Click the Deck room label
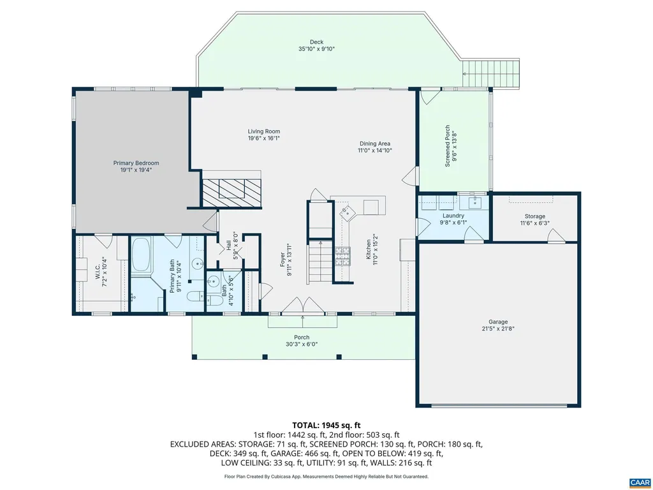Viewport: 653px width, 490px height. pos(316,41)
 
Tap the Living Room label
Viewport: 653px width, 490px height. pos(264,131)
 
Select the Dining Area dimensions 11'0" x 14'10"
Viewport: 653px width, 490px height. pos(375,151)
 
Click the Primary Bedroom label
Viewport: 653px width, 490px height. pos(136,163)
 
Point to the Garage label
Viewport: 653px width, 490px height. pos(498,322)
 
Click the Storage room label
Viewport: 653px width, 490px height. pos(535,216)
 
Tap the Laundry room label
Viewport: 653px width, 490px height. pos(453,216)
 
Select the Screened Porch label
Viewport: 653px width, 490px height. pos(447,146)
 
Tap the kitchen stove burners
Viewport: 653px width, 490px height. pos(342,256)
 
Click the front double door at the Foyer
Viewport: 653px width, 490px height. pos(303,306)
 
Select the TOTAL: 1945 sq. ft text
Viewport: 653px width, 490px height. pos(326,426)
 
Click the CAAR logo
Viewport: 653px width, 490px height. pos(640,482)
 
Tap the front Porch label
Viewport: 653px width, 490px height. pos(302,338)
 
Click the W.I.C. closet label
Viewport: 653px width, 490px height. pos(97,271)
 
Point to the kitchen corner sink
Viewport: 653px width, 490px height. pos(346,212)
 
